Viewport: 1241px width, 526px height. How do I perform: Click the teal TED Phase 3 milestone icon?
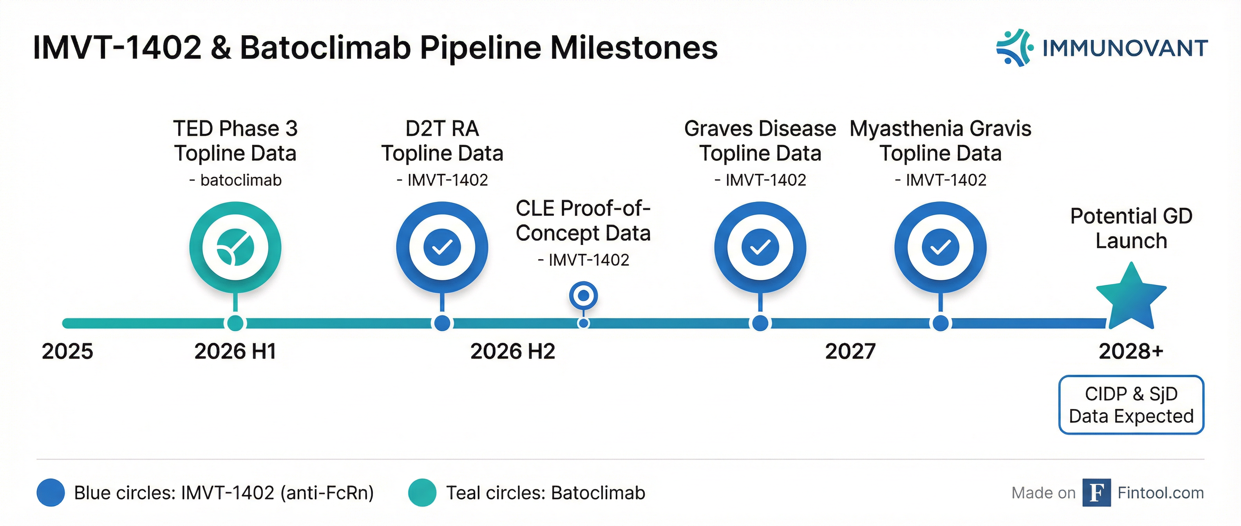pos(235,247)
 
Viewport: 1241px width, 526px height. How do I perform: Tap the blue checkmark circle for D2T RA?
pos(442,247)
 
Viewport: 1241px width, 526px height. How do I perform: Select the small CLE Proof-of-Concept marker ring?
pos(583,295)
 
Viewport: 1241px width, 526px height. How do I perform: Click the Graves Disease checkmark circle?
pos(760,247)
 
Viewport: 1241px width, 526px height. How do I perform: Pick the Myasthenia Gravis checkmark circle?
pos(940,247)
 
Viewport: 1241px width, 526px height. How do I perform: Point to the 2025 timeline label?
pos(67,351)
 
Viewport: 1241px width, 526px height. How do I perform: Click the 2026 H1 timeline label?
pos(235,351)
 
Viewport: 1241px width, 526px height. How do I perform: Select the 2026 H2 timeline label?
pos(513,351)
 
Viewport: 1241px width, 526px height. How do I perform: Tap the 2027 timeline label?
pos(850,351)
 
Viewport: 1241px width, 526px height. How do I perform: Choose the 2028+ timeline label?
pos(1131,351)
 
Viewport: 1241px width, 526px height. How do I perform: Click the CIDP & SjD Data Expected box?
pos(1131,405)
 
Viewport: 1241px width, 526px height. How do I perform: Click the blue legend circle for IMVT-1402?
pos(51,493)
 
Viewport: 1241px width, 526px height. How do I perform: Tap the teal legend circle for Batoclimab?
pos(422,493)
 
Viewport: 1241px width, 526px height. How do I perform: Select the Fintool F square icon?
pos(1096,493)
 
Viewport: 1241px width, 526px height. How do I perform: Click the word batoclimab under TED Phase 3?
pos(241,180)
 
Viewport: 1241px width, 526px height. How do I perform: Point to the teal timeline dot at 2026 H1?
pos(235,323)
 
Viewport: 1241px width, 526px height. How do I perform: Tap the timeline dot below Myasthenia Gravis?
pos(940,323)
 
